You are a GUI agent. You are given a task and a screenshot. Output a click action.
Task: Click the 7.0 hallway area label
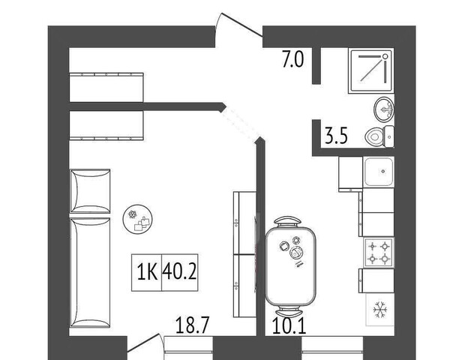coord(292,59)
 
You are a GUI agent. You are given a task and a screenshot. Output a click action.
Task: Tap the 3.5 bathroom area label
coord(336,136)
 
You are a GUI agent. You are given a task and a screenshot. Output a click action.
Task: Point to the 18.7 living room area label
coord(191,325)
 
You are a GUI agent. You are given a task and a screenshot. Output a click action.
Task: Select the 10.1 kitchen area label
coord(289,326)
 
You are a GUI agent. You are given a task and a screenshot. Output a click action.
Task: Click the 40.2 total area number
coord(180,271)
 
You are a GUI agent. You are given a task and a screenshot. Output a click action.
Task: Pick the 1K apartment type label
coord(147,271)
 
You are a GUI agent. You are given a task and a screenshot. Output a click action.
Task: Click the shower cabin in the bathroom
coord(371,70)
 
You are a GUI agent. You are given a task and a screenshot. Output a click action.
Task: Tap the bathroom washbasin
coord(384,109)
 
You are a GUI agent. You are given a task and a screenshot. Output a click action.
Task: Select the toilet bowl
coord(379,136)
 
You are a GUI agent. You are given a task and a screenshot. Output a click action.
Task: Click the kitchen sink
coord(379,172)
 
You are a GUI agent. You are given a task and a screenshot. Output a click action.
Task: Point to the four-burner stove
coord(379,253)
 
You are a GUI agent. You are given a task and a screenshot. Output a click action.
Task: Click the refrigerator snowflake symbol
coord(380,310)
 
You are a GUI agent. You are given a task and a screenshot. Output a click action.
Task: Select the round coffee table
coord(137,219)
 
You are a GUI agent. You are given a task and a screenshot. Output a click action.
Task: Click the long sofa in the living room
coord(90,273)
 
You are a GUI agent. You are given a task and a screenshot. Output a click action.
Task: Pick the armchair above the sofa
coord(90,191)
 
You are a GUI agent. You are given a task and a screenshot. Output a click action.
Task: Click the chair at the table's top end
coord(288,222)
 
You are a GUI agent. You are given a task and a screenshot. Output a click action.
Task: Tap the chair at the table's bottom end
coord(289,311)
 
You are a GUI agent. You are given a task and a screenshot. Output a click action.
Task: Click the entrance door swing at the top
coord(239,30)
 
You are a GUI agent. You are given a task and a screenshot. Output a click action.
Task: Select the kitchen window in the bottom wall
coord(332,348)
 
